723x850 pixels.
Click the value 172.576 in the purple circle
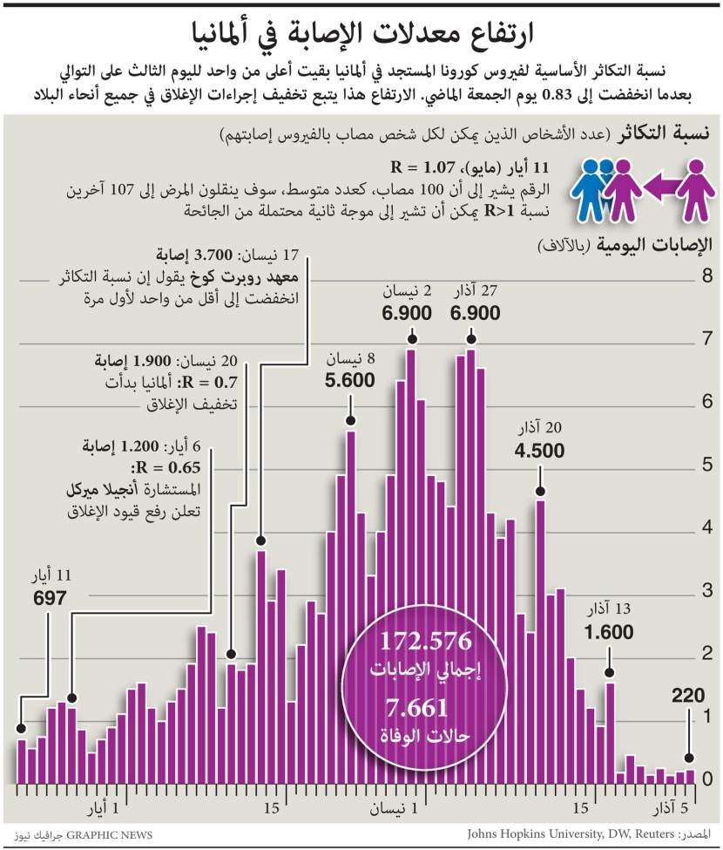(x=426, y=642)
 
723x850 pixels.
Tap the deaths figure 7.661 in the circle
(x=426, y=707)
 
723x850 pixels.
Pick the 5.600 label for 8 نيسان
(x=349, y=379)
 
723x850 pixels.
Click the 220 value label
(x=688, y=696)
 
